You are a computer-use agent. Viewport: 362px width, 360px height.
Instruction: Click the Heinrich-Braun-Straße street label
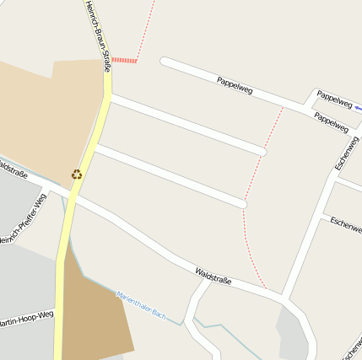[97, 35]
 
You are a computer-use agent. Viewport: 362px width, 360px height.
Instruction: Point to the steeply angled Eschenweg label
[347, 153]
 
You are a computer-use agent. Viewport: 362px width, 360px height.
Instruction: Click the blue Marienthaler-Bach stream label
[141, 305]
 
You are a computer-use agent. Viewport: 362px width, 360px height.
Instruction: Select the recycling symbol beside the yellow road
[77, 175]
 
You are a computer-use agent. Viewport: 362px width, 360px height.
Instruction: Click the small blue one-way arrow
[358, 108]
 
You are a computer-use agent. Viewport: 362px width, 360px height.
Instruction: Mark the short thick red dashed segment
[124, 60]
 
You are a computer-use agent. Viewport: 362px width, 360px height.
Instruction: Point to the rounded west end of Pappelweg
[165, 62]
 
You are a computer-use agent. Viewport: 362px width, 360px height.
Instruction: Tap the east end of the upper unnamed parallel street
[262, 152]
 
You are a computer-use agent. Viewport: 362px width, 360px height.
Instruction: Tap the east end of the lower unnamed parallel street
[241, 203]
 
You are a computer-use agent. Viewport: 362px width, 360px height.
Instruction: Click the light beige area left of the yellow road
[42, 118]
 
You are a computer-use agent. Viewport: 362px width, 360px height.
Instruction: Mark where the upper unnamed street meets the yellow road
[110, 99]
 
